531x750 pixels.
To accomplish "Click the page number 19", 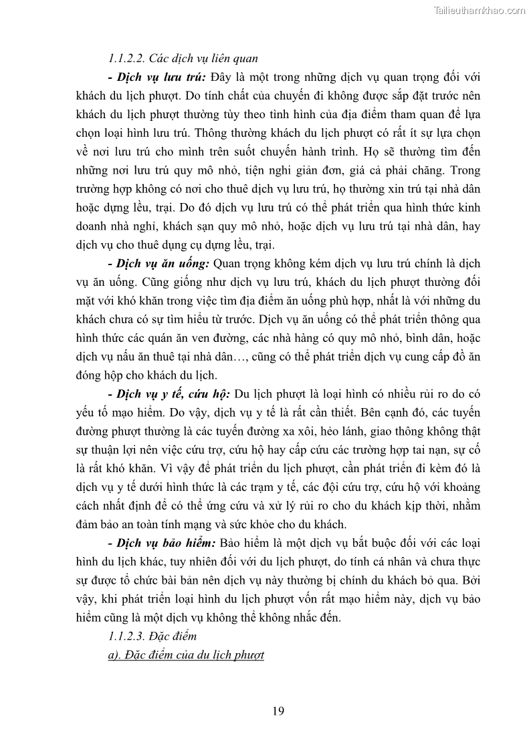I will point(278,711).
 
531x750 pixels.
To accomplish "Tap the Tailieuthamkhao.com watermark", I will point(480,10).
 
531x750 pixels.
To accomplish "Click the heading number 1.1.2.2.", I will point(126,57).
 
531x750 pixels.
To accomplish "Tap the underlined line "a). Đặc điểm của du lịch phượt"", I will point(186,655).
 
